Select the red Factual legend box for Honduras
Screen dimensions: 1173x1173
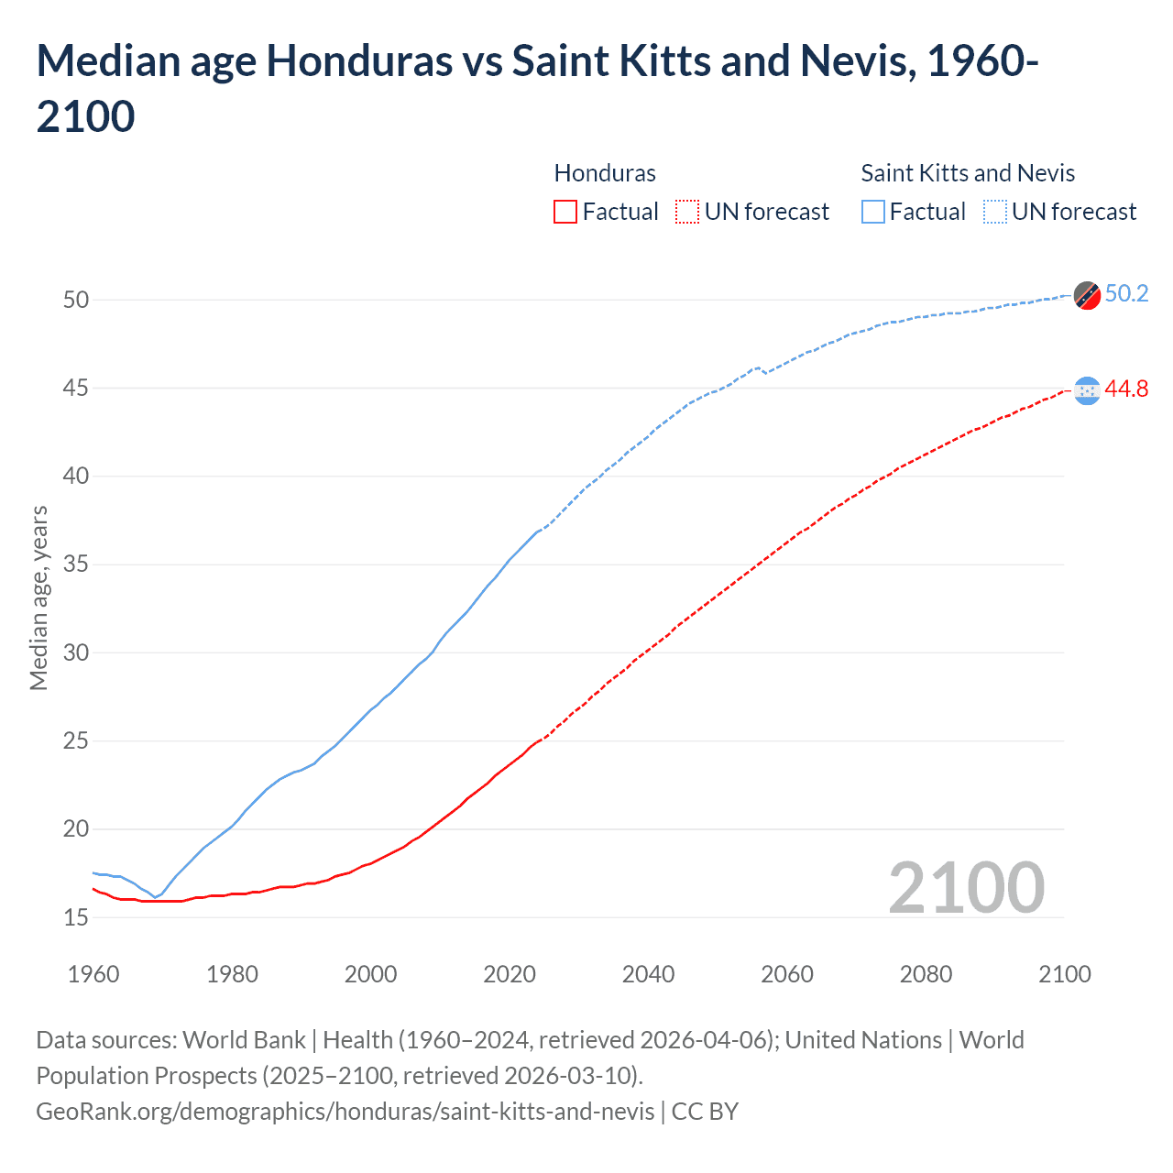(565, 212)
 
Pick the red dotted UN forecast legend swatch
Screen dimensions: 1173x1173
(687, 212)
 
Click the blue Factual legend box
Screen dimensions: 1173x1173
(873, 212)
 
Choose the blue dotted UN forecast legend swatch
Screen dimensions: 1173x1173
(995, 212)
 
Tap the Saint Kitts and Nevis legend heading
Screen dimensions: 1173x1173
(968, 173)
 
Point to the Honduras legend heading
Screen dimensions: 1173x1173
(605, 173)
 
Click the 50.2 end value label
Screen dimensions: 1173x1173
(1126, 293)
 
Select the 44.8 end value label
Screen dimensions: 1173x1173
(1126, 389)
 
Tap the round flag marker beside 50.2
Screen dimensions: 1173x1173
(1087, 295)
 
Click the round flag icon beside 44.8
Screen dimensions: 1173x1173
(1087, 391)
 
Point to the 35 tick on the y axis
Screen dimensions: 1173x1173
(76, 565)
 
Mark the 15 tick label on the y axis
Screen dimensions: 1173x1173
(76, 917)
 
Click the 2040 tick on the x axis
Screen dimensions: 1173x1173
(648, 974)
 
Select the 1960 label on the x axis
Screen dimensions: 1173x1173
(93, 974)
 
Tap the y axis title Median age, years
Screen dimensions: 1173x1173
(38, 597)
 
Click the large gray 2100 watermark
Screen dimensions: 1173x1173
(966, 887)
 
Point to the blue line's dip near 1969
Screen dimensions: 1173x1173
(155, 896)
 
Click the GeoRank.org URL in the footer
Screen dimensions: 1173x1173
(345, 1112)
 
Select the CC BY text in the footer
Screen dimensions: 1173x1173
(705, 1112)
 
